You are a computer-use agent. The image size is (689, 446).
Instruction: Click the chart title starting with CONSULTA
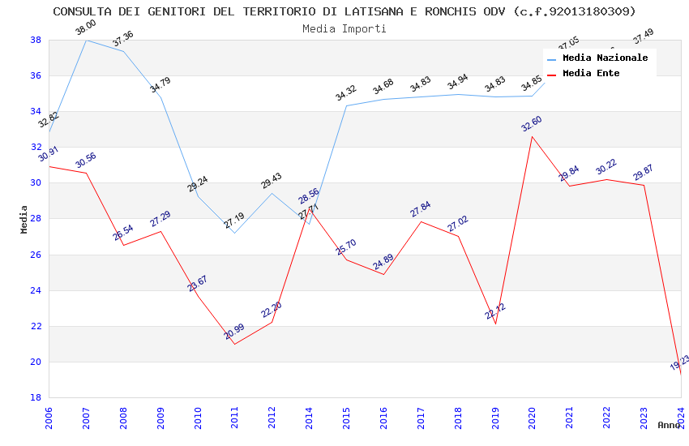pos(344,11)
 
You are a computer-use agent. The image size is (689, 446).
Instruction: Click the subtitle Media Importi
pos(344,28)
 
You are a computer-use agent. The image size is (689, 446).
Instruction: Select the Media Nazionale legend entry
pos(605,58)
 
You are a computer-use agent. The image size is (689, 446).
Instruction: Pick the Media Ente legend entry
pos(591,74)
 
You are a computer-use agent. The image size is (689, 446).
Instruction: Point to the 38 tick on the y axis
pos(36,40)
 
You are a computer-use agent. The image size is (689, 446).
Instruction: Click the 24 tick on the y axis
pos(36,290)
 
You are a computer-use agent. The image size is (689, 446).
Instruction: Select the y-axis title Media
pos(24,219)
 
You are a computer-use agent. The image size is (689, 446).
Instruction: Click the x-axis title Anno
pos(669,425)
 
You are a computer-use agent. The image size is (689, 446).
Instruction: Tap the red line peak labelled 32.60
pos(533,136)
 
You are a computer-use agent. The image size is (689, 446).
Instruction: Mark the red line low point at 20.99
pos(235,344)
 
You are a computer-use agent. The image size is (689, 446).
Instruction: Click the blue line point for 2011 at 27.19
pos(235,233)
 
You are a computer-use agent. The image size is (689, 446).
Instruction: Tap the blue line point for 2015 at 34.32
pos(346,105)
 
